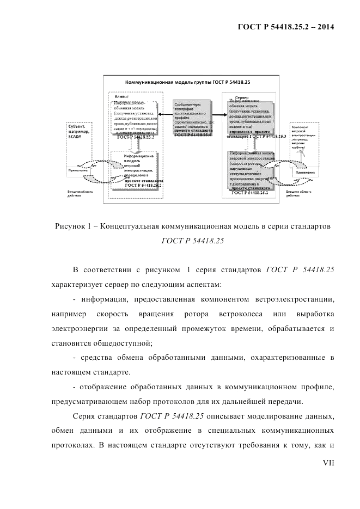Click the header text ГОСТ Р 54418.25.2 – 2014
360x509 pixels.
(285, 27)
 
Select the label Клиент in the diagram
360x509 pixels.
(122, 96)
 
